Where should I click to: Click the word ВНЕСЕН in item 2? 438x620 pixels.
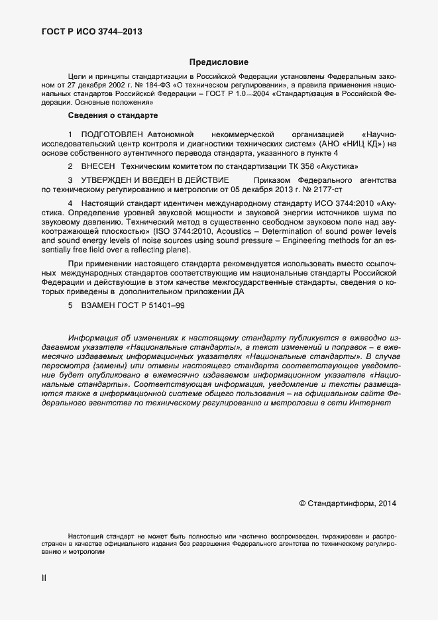(x=98, y=166)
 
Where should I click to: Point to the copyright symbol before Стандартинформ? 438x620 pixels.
(x=303, y=503)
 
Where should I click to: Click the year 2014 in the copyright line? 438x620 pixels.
(x=386, y=503)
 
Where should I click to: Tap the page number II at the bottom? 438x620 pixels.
(x=44, y=578)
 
